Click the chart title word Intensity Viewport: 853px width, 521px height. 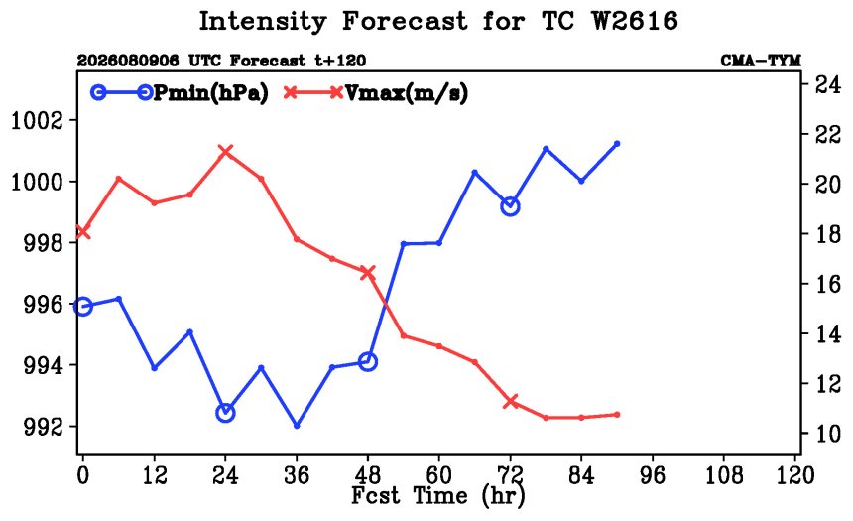pyautogui.click(x=263, y=21)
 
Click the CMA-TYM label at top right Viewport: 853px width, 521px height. pyautogui.click(x=761, y=60)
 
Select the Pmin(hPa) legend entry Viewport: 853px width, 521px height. pyautogui.click(x=180, y=93)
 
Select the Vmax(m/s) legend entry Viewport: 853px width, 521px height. pyautogui.click(x=376, y=93)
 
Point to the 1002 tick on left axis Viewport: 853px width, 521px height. pyautogui.click(x=44, y=120)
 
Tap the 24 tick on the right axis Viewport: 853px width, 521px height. pyautogui.click(x=826, y=84)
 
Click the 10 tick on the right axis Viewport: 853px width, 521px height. pyautogui.click(x=826, y=434)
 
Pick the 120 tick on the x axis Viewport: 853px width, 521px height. pyautogui.click(x=795, y=475)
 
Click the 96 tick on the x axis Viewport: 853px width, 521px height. pyautogui.click(x=653, y=475)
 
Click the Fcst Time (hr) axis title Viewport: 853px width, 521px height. pyautogui.click(x=438, y=496)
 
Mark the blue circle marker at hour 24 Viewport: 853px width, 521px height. pyautogui.click(x=225, y=413)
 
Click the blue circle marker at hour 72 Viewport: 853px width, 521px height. pyautogui.click(x=510, y=206)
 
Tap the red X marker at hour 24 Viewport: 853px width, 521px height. pyautogui.click(x=225, y=151)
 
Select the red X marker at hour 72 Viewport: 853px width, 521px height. pyautogui.click(x=510, y=402)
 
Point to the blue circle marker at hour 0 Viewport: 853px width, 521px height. pyautogui.click(x=82, y=306)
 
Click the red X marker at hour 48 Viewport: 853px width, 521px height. pyautogui.click(x=368, y=272)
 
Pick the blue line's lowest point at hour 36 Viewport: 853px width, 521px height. pyautogui.click(x=297, y=426)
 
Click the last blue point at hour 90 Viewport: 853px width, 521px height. pyautogui.click(x=617, y=144)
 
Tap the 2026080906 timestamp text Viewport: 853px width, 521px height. pyautogui.click(x=128, y=60)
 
